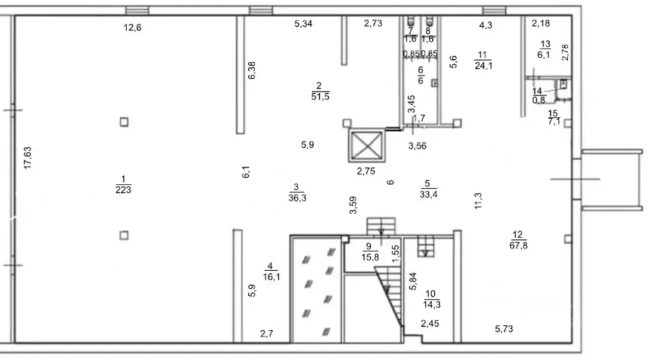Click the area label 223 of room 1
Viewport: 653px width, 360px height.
[x=123, y=190]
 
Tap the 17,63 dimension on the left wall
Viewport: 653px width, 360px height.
[x=27, y=158]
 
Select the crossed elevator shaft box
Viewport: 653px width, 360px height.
[x=366, y=146]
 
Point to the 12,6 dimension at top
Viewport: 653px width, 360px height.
[x=132, y=28]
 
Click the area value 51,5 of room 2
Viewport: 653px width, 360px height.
[x=320, y=96]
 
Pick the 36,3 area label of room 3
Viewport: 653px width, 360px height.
[x=297, y=198]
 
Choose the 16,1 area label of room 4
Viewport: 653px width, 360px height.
[x=271, y=276]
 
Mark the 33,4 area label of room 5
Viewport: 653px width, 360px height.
[x=428, y=194]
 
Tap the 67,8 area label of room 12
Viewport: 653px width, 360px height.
[x=518, y=245]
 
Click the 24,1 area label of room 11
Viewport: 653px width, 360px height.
[x=483, y=65]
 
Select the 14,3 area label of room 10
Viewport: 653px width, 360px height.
[x=432, y=304]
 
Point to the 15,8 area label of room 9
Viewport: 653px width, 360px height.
[x=370, y=257]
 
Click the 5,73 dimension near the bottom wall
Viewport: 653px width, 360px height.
[x=504, y=329]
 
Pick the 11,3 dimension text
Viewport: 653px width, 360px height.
[x=478, y=201]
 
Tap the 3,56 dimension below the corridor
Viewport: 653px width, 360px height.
[x=417, y=146]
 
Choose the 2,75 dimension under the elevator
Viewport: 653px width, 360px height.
[x=366, y=171]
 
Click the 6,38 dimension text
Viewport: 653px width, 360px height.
[x=251, y=70]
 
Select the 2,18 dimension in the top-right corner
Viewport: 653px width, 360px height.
[x=541, y=24]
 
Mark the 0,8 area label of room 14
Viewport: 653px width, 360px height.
[x=539, y=100]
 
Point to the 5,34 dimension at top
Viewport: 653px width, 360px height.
[x=303, y=24]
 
